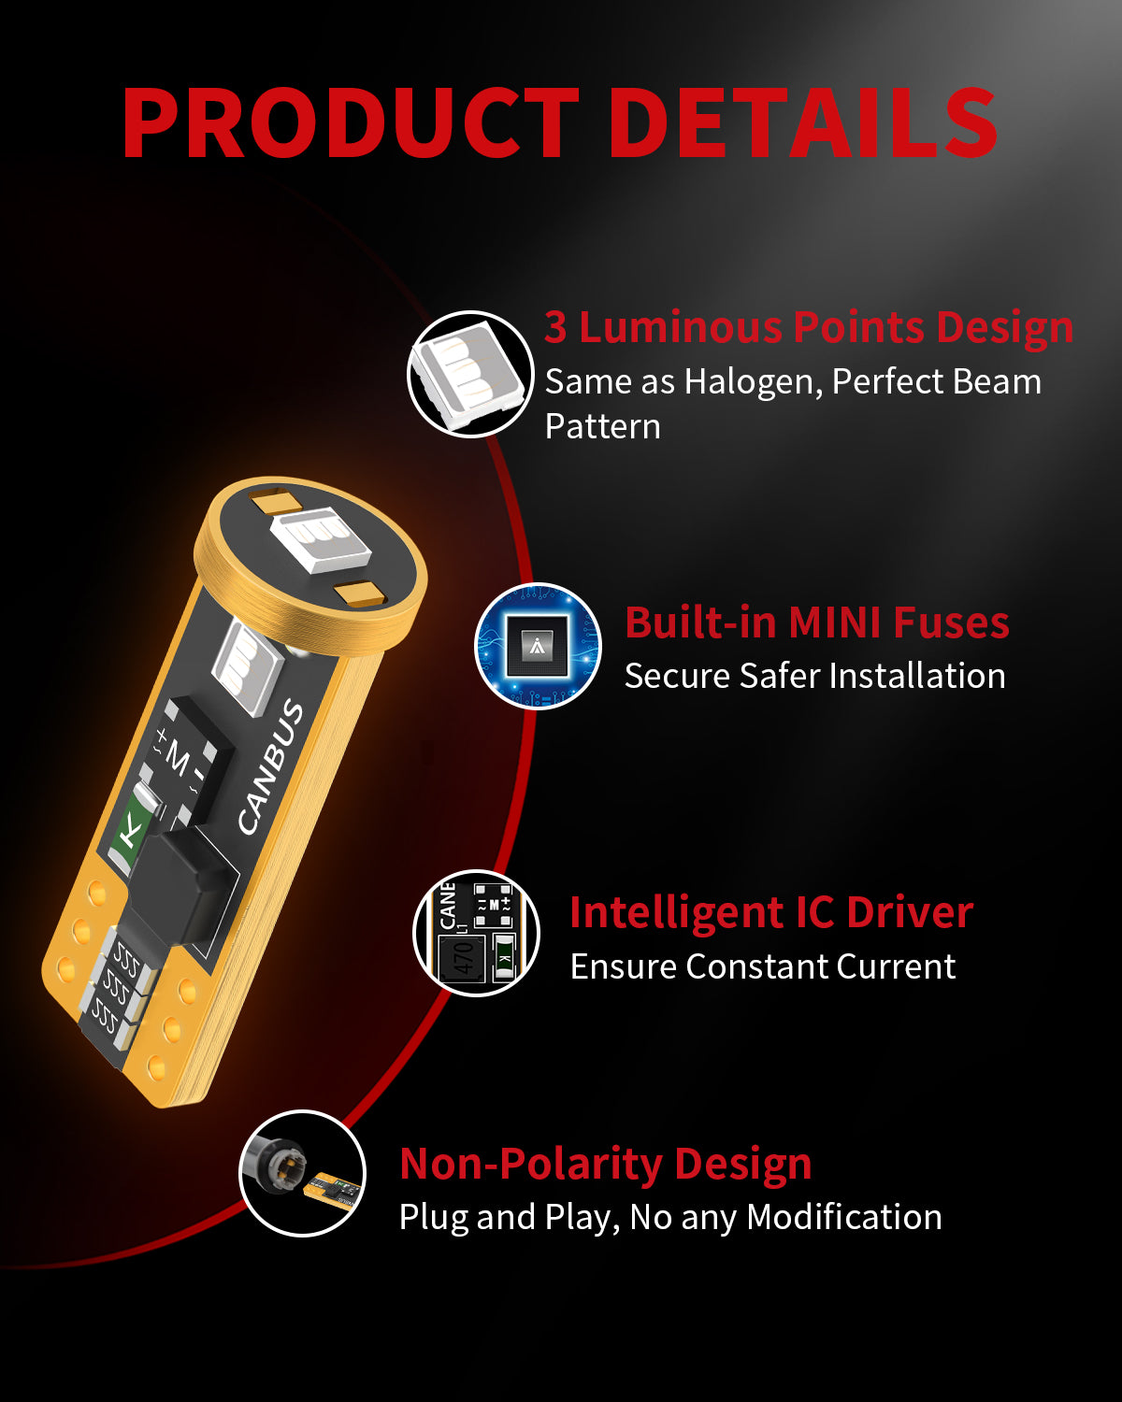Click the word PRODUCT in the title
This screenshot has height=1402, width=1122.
pyautogui.click(x=350, y=122)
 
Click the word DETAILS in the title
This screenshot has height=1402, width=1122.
pyautogui.click(x=802, y=122)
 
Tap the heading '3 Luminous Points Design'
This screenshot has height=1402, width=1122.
pyautogui.click(x=809, y=327)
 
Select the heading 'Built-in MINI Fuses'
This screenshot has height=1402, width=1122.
pyautogui.click(x=817, y=622)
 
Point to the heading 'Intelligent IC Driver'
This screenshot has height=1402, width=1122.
pyautogui.click(x=771, y=913)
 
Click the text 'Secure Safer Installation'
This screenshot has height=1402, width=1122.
pyautogui.click(x=815, y=676)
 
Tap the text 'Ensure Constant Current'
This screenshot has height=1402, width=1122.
pyautogui.click(x=763, y=966)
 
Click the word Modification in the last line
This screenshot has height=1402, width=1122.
pyautogui.click(x=844, y=1217)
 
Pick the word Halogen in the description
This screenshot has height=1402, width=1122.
pyautogui.click(x=753, y=382)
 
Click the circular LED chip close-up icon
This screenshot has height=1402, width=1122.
pyautogui.click(x=470, y=374)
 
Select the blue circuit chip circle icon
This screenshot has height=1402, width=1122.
pyautogui.click(x=538, y=646)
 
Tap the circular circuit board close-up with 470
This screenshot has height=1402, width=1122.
pyautogui.click(x=477, y=933)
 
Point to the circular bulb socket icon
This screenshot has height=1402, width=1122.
pyautogui.click(x=303, y=1173)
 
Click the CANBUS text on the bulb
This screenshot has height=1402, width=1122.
pyautogui.click(x=270, y=767)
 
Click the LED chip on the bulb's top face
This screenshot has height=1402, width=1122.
pyautogui.click(x=321, y=539)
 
